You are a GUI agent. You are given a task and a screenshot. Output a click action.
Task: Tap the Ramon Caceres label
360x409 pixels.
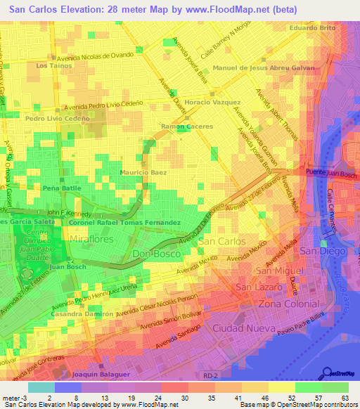(186, 126)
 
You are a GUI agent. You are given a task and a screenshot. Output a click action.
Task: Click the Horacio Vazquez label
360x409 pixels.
(217, 103)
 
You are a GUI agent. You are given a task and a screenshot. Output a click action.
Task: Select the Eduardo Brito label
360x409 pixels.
(313, 27)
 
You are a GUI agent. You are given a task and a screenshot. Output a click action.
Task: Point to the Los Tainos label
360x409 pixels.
(53, 65)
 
